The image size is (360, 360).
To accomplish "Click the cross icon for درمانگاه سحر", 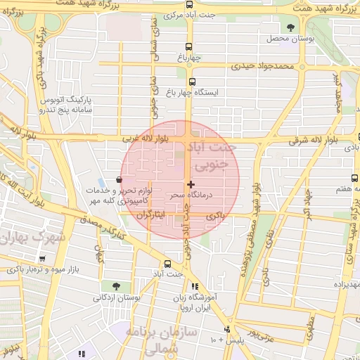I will click(x=191, y=184).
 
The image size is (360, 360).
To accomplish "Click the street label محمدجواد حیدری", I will click(x=262, y=67).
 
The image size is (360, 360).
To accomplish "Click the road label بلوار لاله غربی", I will click(x=132, y=139).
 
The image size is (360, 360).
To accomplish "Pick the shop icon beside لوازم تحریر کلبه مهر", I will click(x=117, y=181).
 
